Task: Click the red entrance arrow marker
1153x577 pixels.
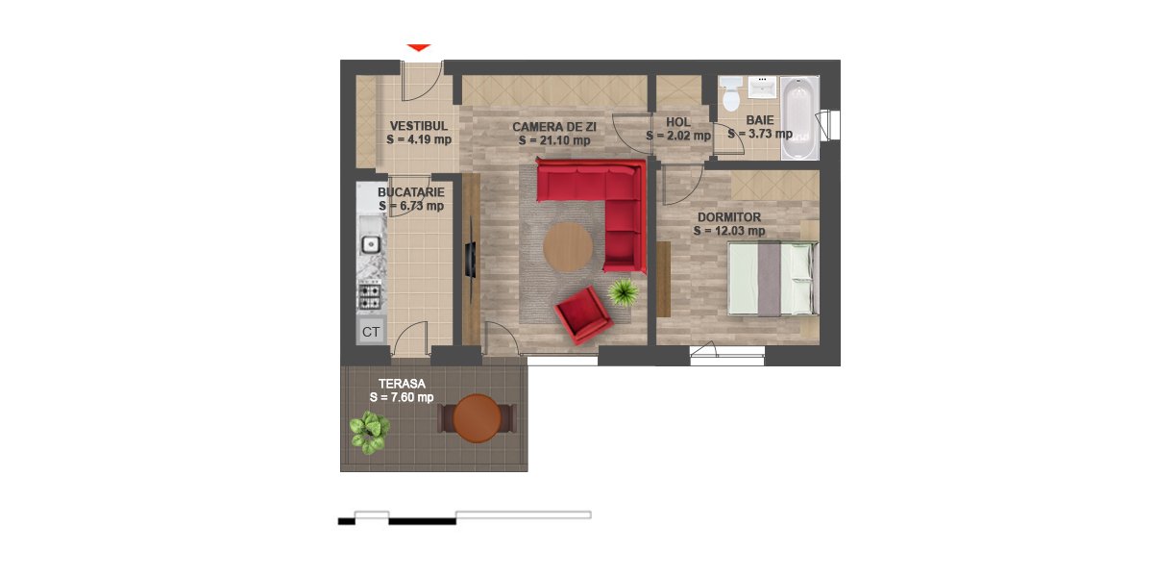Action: point(419,47)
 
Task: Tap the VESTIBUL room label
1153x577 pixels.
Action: point(419,126)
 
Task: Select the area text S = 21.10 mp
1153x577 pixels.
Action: point(554,140)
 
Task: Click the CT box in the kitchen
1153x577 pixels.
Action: point(371,332)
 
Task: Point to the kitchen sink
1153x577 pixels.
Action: point(370,243)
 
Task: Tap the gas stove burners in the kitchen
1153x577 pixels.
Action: point(370,296)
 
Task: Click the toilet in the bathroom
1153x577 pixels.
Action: point(731,94)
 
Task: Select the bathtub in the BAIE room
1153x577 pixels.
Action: point(799,118)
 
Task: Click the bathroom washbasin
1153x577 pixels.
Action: point(762,88)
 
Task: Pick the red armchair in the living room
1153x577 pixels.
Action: point(583,315)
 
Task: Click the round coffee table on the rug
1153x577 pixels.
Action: point(568,247)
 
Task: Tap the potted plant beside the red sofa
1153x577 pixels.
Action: point(624,292)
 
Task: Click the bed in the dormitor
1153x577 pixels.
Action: point(773,278)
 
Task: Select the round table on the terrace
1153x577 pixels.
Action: point(478,418)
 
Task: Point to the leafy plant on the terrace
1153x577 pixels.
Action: point(370,432)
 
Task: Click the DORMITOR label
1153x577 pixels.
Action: point(729,217)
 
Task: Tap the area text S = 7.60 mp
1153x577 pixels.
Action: point(402,397)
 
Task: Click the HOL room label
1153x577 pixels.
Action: point(678,122)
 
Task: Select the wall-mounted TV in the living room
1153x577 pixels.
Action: point(471,261)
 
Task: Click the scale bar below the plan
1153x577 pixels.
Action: point(464,517)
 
